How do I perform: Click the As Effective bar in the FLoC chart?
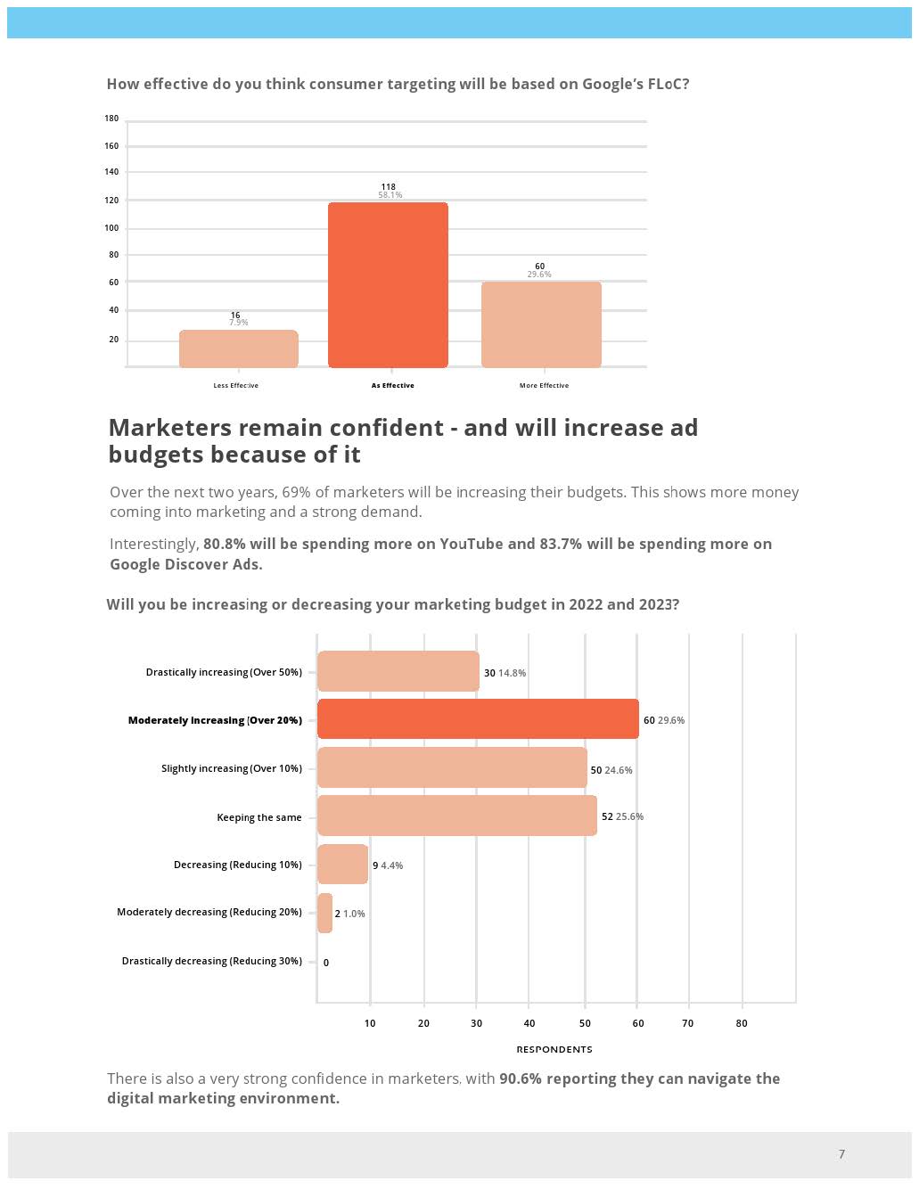click(388, 285)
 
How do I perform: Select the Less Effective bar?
click(238, 348)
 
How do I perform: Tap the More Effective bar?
click(541, 324)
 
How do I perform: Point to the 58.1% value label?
click(390, 195)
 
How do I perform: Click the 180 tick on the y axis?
click(111, 119)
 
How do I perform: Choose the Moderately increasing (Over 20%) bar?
click(478, 719)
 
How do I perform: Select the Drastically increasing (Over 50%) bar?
click(398, 671)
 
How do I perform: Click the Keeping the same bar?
click(456, 816)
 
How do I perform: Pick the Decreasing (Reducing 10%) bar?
click(342, 865)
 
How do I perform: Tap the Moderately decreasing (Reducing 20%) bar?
click(324, 914)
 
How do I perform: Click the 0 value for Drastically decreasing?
click(326, 963)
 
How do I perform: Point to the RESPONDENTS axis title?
click(554, 1049)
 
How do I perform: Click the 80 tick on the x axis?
click(742, 1023)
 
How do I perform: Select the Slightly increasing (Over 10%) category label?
click(232, 768)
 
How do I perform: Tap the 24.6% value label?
click(619, 770)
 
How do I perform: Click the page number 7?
click(841, 1154)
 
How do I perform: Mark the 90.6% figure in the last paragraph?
click(521, 1078)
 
